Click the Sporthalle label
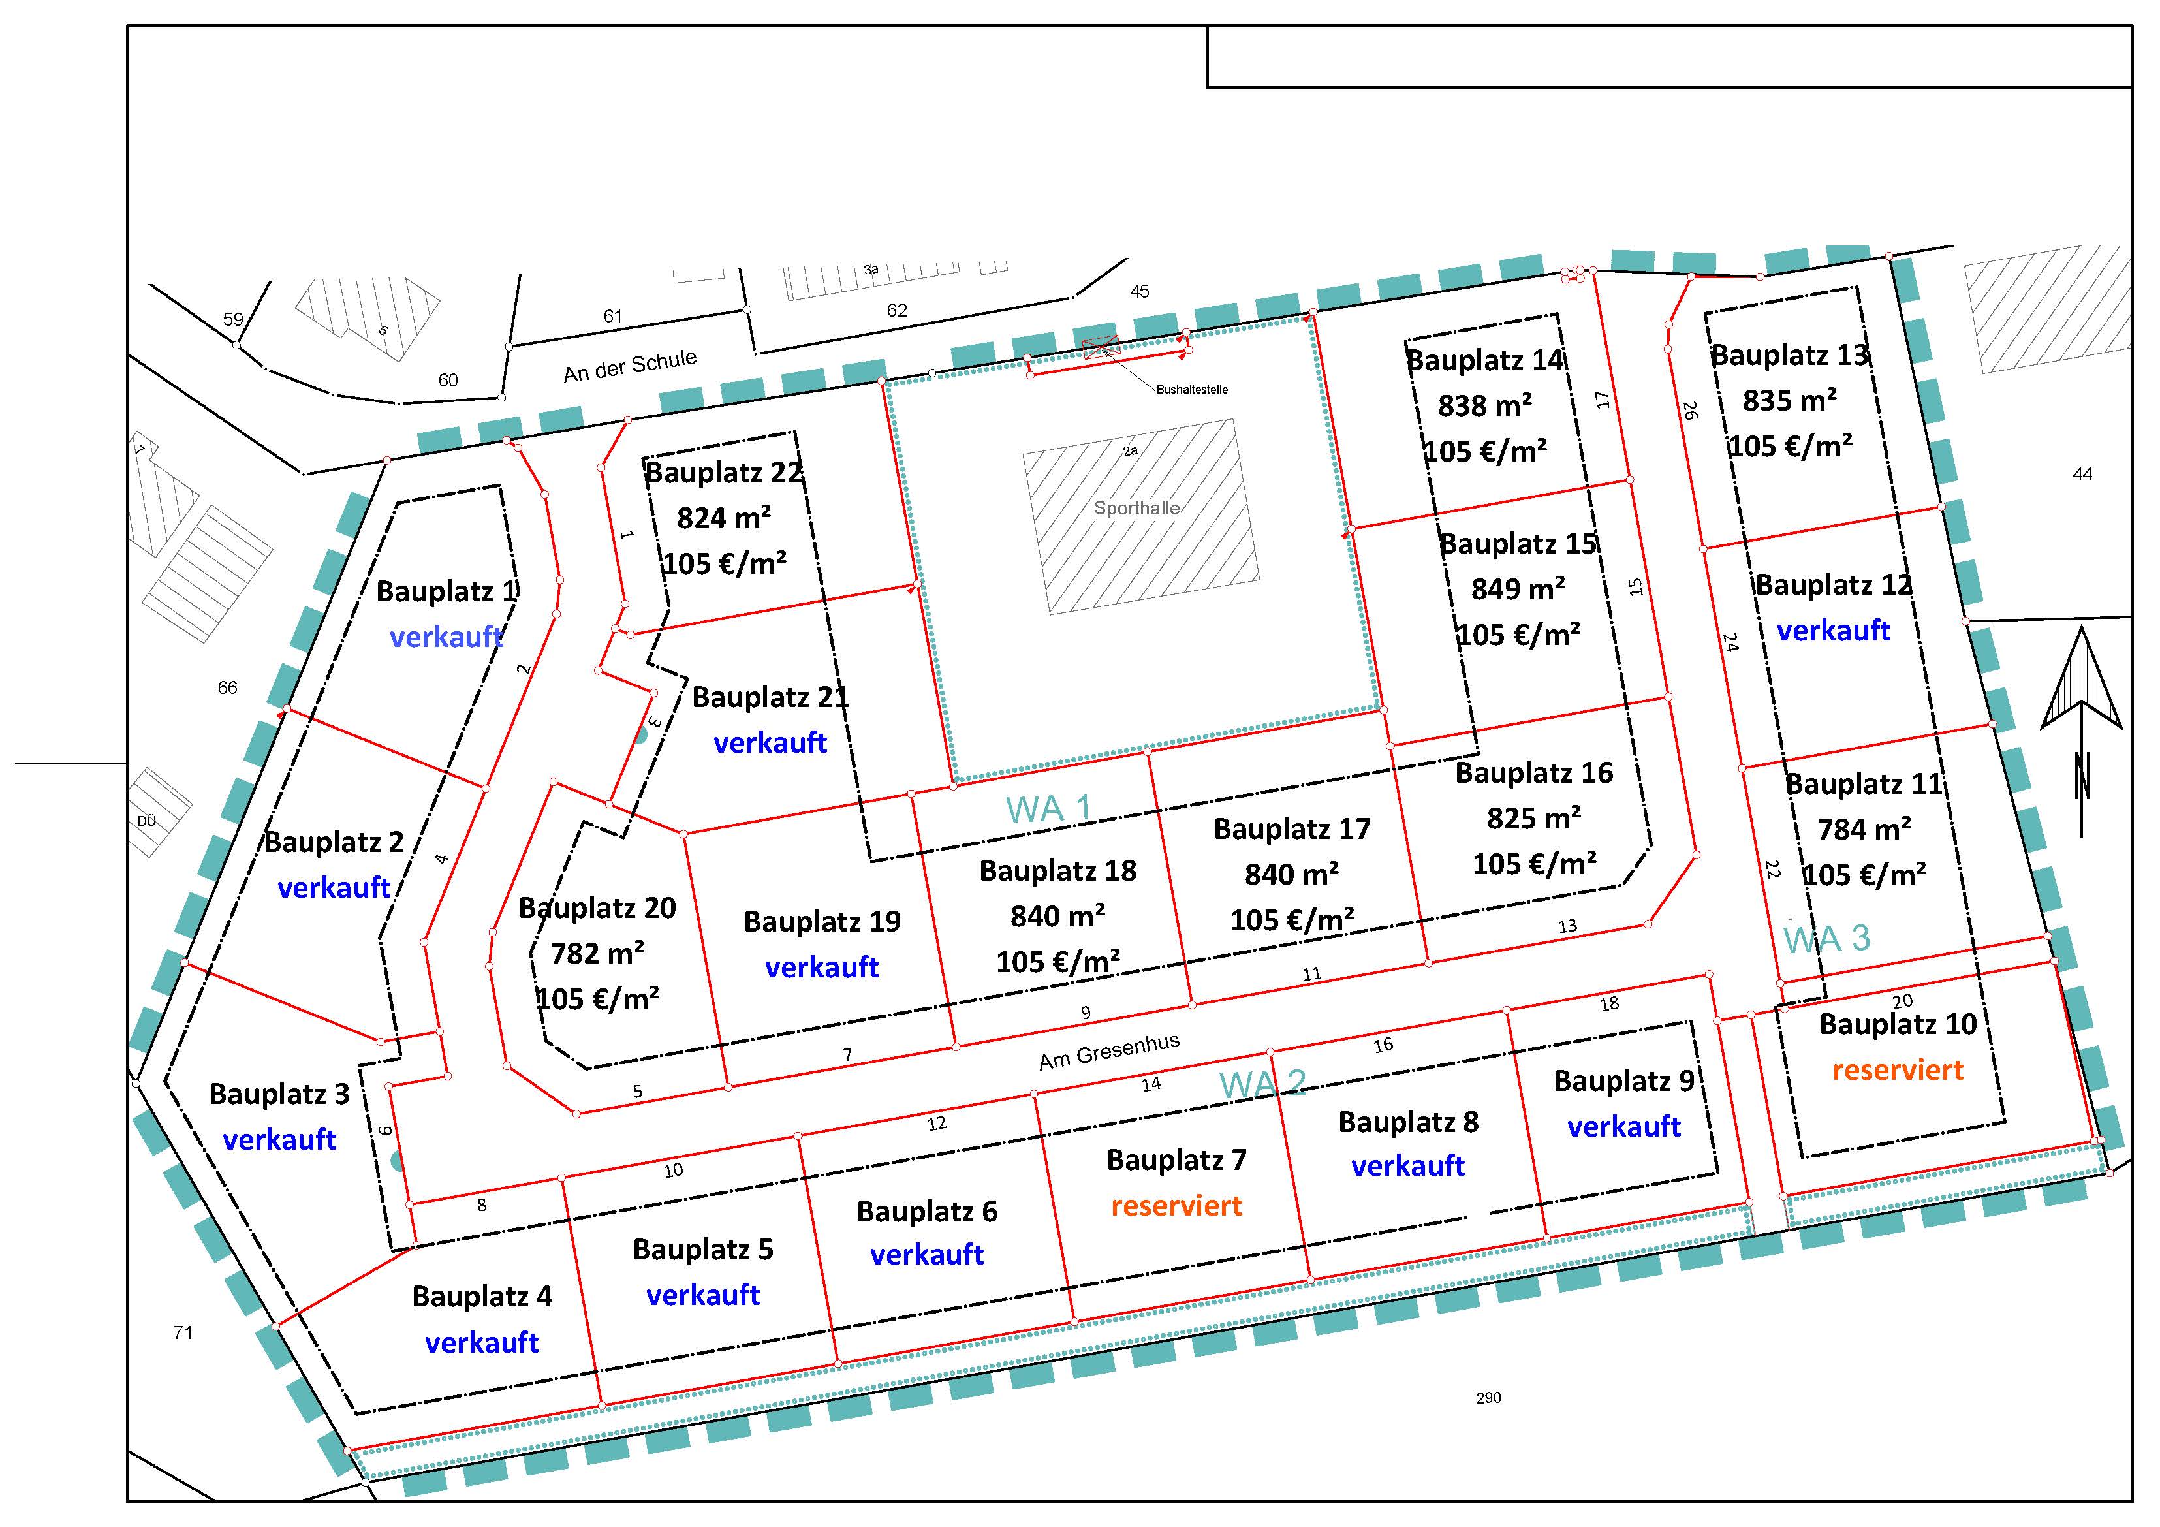click(x=1136, y=508)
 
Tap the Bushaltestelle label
click(x=1192, y=390)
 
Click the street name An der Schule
click(x=631, y=366)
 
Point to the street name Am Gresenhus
click(x=1109, y=1051)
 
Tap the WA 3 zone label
click(x=1827, y=938)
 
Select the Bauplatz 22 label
click(x=723, y=472)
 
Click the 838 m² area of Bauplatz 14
click(x=1484, y=405)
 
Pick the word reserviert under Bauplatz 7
click(x=1176, y=1205)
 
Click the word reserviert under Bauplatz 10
click(x=1898, y=1070)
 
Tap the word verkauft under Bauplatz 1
click(x=446, y=637)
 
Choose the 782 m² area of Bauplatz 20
click(x=597, y=953)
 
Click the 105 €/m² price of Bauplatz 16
click(x=1535, y=864)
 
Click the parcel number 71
click(x=183, y=1332)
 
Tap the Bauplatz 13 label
click(x=1789, y=356)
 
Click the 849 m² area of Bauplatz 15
click(x=1518, y=589)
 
